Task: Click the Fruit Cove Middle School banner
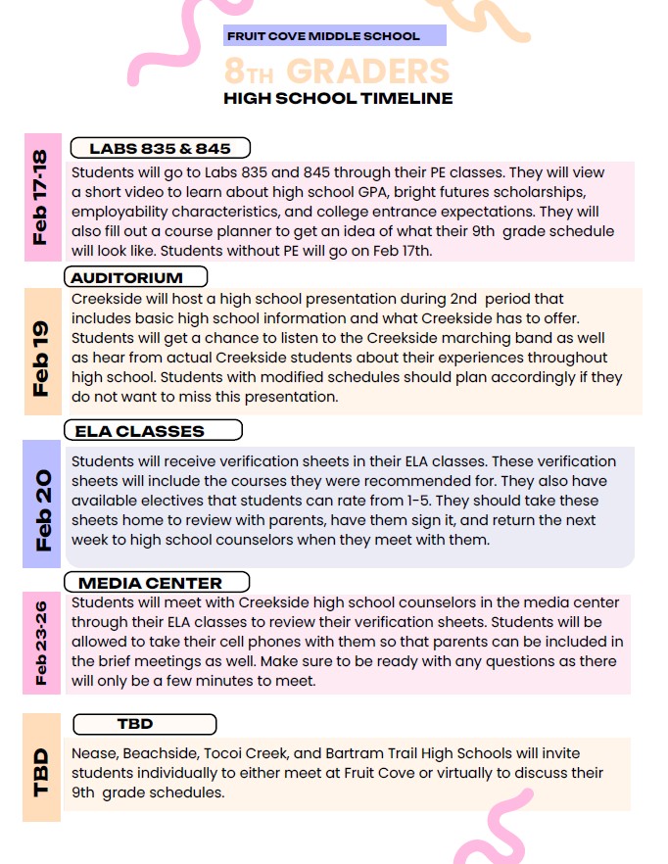(334, 36)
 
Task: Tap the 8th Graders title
(336, 71)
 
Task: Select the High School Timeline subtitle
(338, 98)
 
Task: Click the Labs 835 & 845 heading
(160, 148)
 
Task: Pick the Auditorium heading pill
(136, 277)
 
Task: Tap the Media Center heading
(157, 583)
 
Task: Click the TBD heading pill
(145, 724)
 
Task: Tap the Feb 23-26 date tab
(42, 644)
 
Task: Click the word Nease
(96, 753)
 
